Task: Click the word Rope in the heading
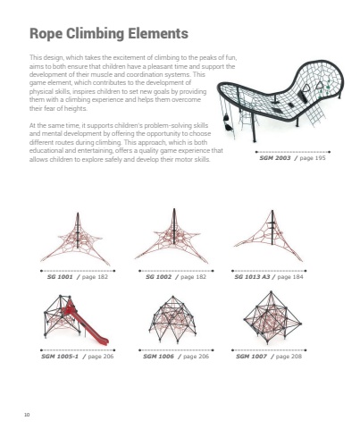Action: pos(46,33)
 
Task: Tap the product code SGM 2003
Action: pos(275,158)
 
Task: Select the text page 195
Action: pos(313,158)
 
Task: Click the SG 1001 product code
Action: pos(60,277)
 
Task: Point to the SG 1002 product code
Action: pos(158,277)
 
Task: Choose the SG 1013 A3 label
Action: pos(252,277)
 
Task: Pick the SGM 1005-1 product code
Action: pos(60,356)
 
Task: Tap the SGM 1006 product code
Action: pos(158,356)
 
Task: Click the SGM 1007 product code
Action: pos(251,356)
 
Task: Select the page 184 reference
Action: pos(290,277)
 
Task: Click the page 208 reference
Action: pos(289,356)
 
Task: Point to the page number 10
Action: pos(27,415)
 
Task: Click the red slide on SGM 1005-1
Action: pos(87,324)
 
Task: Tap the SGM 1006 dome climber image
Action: pos(172,319)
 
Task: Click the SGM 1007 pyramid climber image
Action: pos(272,317)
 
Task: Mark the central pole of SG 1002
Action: pos(174,226)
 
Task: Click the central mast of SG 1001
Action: pos(78,230)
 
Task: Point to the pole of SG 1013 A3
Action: pos(272,227)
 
